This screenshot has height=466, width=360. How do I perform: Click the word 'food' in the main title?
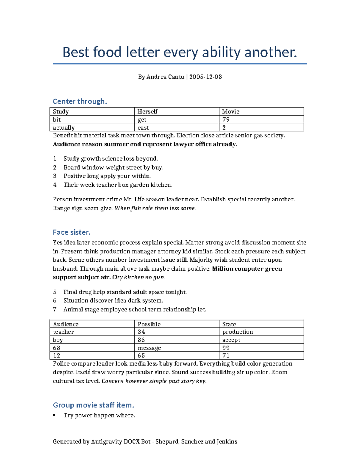[107, 53]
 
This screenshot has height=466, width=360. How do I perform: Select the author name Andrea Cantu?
[165, 77]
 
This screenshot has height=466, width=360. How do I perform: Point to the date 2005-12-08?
[205, 77]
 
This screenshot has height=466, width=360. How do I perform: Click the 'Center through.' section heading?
[80, 101]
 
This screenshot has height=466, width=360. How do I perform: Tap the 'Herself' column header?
[147, 112]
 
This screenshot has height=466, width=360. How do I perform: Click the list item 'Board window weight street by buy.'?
[113, 167]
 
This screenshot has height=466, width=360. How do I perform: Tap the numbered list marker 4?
[55, 185]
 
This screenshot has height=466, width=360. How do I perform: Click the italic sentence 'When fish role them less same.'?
[155, 208]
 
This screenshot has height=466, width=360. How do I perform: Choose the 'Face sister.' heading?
[71, 232]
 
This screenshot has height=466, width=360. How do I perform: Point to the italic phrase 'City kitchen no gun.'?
[139, 277]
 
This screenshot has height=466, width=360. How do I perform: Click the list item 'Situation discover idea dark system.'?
[113, 301]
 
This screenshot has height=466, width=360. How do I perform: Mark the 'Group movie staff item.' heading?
[93, 405]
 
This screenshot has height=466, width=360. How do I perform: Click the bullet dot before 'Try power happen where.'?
[54, 416]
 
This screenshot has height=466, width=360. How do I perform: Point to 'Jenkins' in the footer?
[227, 442]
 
